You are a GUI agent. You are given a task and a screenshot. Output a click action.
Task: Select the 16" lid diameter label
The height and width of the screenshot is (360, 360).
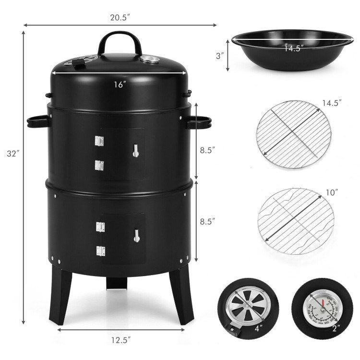[x=120, y=84]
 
